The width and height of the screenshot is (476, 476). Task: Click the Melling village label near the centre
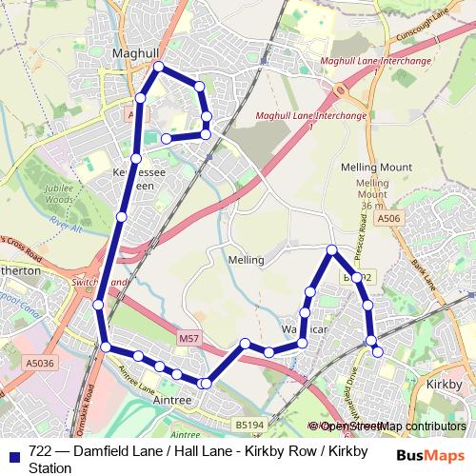[x=247, y=259]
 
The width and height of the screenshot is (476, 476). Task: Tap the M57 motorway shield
[x=188, y=338]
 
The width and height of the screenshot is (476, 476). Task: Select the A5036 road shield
[x=40, y=363]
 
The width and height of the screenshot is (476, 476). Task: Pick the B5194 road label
[x=248, y=425]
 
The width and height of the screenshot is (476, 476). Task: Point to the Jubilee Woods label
[x=59, y=195]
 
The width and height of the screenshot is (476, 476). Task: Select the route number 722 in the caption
[x=41, y=452]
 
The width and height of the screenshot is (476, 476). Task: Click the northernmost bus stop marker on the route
[x=159, y=66]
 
